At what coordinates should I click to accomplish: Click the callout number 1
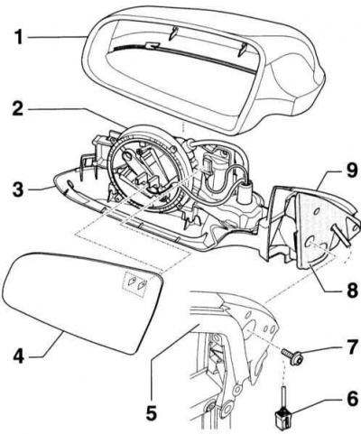coord(18,38)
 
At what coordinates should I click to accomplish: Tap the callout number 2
coord(18,108)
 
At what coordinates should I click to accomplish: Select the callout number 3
coord(18,189)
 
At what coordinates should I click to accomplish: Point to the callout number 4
coord(19,356)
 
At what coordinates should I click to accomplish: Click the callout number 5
coord(152,412)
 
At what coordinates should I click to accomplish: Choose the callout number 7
coord(351,347)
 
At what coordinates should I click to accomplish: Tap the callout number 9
coord(351,171)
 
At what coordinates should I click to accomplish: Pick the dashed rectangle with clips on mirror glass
coord(137,283)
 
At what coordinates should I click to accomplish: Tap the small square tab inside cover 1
coord(152,45)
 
